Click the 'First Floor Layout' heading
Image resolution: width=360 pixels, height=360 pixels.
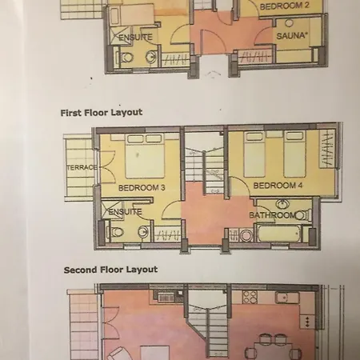(102, 113)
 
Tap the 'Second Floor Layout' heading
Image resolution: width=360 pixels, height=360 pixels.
(110, 270)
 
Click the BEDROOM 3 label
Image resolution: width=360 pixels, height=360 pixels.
(142, 188)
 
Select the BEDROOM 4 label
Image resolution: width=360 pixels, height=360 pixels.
(278, 186)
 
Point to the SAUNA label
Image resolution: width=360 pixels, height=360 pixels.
(290, 36)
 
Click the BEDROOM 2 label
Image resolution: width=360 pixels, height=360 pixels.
(285, 6)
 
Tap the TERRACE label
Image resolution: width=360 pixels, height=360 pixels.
(82, 167)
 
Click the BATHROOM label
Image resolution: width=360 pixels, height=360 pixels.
(272, 215)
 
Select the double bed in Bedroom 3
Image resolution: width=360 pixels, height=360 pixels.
(145, 156)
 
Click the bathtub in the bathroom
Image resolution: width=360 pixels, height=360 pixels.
(278, 234)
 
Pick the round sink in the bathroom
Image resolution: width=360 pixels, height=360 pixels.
(282, 205)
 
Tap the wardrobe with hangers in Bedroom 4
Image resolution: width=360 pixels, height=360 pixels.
(327, 149)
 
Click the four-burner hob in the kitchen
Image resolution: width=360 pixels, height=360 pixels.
(250, 297)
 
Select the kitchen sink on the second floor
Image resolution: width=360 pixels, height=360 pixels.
(287, 298)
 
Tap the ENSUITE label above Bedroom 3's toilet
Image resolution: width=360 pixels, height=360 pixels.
(125, 212)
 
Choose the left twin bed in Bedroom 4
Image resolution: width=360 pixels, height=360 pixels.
(254, 154)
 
